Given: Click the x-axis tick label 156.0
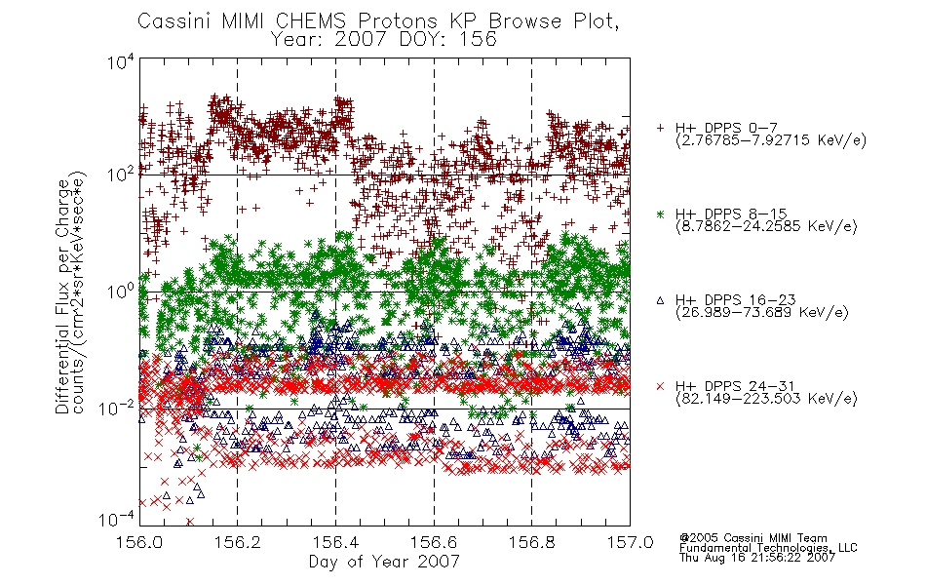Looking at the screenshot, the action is (x=138, y=542).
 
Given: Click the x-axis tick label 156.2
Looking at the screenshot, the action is (x=237, y=542).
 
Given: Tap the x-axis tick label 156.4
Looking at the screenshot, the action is (x=335, y=542).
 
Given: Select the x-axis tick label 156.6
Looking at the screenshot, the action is (x=434, y=542).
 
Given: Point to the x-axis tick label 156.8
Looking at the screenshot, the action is (x=531, y=542).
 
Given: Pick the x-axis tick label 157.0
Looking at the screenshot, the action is (x=630, y=542).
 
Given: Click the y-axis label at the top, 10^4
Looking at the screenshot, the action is (x=121, y=62).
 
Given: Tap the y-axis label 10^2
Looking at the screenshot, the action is (x=121, y=175).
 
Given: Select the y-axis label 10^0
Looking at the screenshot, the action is (x=121, y=292).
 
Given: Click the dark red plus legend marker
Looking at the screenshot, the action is (x=660, y=128).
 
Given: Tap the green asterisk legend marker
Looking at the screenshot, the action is (x=660, y=214).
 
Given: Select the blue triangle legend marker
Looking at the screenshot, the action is (x=660, y=300).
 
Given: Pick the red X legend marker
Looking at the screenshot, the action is (x=660, y=386).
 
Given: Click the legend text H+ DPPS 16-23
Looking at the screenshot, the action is (x=735, y=300).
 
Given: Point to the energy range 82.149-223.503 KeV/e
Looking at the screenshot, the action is (x=766, y=399).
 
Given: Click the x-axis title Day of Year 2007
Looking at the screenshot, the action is (x=384, y=562).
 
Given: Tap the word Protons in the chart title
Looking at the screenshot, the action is (x=398, y=21).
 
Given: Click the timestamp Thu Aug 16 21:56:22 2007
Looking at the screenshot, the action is (x=757, y=558).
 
